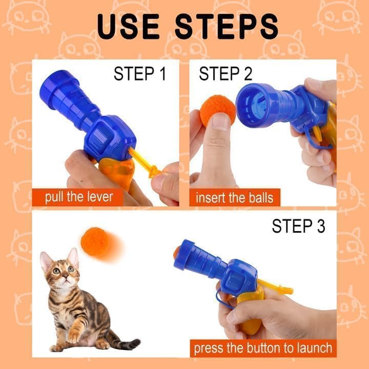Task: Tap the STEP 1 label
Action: [139, 74]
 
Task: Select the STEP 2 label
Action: [226, 74]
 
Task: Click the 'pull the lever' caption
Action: [78, 197]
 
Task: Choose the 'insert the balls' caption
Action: [234, 198]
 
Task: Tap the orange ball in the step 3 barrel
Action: [177, 252]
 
